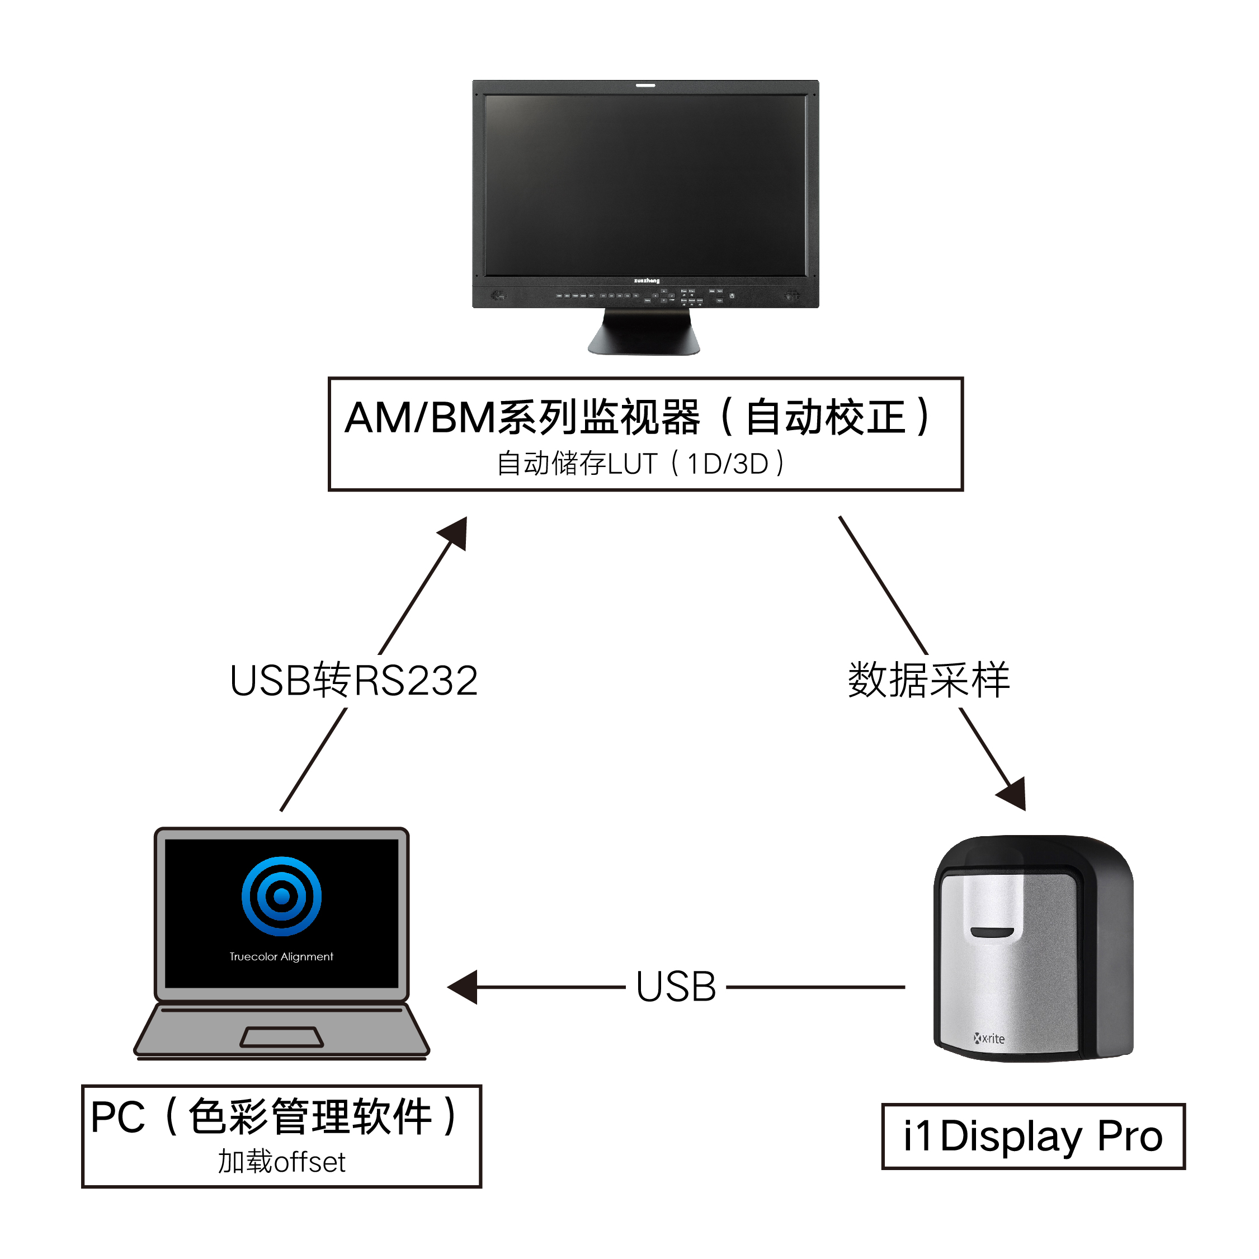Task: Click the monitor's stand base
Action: pos(644,338)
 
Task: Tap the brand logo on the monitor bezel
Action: pos(647,281)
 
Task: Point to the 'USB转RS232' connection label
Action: pos(354,681)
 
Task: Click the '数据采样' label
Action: pos(928,680)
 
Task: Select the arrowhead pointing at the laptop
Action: pos(463,987)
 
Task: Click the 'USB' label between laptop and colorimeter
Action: pos(676,987)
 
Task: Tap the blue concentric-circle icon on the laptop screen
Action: pos(281,897)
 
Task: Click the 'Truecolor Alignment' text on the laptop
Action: pos(281,956)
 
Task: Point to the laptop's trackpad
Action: pos(281,1037)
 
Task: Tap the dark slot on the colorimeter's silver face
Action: pos(992,932)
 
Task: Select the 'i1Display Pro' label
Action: pos(1033,1137)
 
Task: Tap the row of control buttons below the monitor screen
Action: pos(645,296)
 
